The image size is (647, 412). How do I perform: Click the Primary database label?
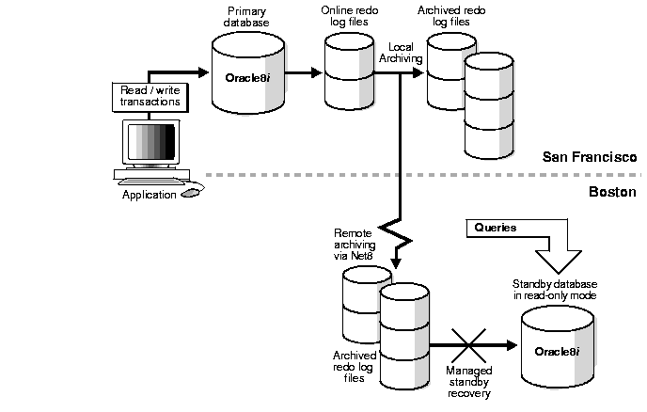pos(246,16)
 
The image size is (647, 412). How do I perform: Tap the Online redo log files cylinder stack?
pos(350,71)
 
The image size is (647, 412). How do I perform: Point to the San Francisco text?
pos(590,156)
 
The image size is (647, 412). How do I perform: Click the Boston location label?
pos(611,191)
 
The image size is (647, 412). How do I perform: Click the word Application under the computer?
pos(149,195)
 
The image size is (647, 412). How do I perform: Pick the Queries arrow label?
pos(496,228)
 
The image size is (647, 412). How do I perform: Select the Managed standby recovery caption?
pos(468,382)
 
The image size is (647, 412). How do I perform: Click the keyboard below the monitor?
pos(150,180)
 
